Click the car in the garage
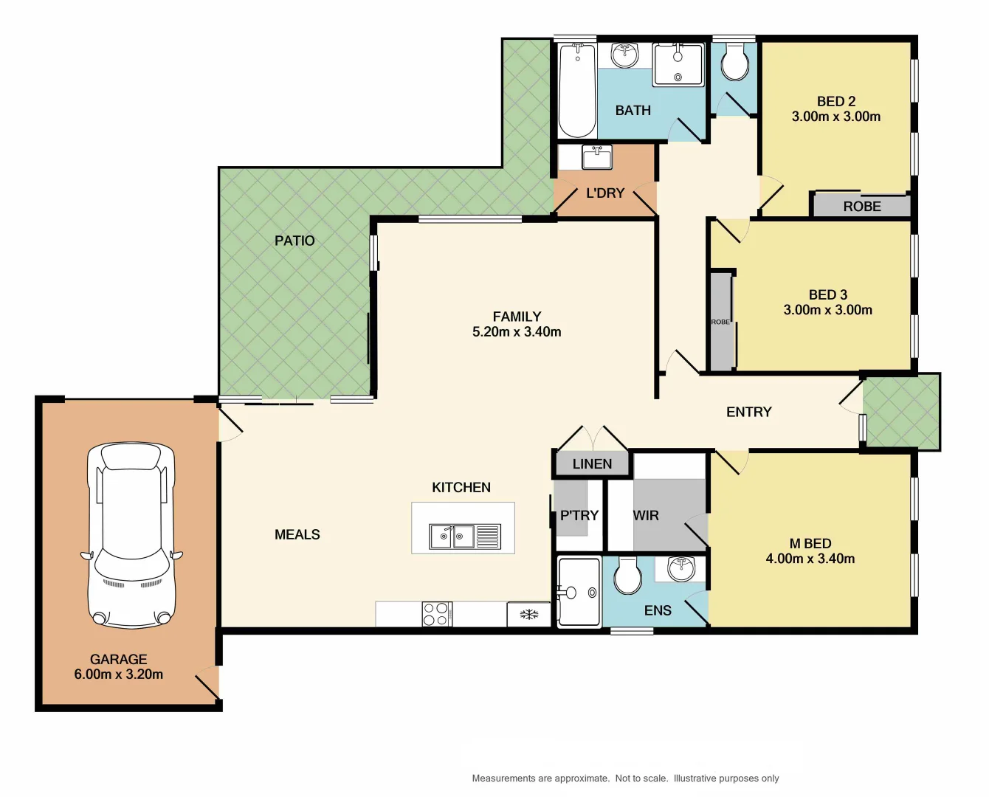click(x=132, y=536)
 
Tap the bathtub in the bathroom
click(x=576, y=91)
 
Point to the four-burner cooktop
click(x=436, y=614)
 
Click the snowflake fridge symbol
click(x=529, y=614)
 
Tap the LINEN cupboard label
click(x=592, y=464)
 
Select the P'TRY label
click(x=579, y=516)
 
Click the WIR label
click(x=646, y=516)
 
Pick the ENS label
click(x=658, y=610)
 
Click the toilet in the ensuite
click(x=628, y=576)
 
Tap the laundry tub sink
click(x=596, y=157)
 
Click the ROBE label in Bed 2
click(x=862, y=207)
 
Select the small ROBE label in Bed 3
click(x=720, y=322)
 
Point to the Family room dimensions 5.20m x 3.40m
click(x=517, y=332)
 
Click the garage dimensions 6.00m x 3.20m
click(x=119, y=674)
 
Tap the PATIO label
click(x=294, y=241)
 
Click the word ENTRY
click(x=748, y=413)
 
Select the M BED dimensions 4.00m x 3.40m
click(x=810, y=559)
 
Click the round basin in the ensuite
click(x=680, y=569)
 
